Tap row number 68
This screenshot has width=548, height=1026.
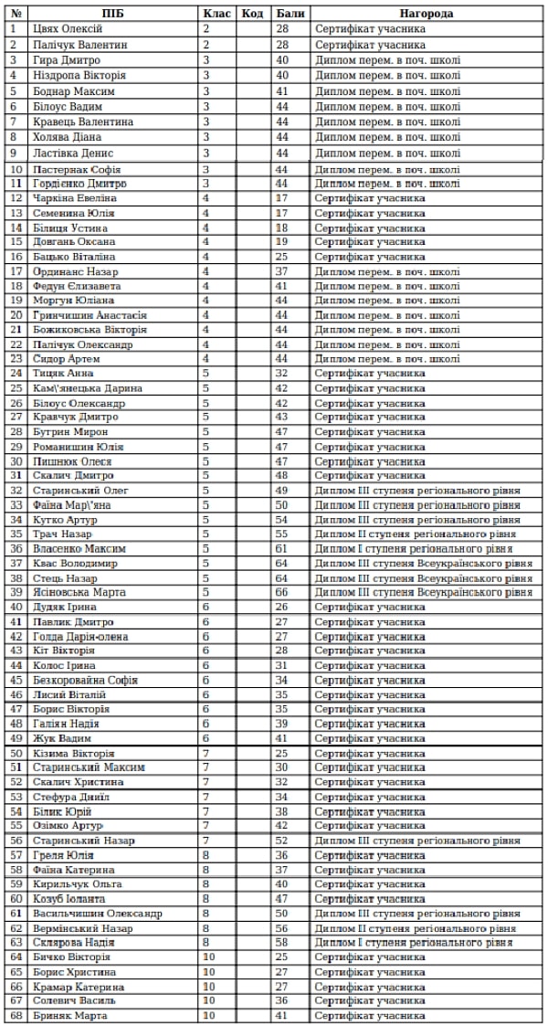(16, 1015)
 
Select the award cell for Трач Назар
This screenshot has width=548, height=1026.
(424, 534)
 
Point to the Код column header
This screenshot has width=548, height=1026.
(253, 15)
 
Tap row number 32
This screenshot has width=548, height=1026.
(16, 490)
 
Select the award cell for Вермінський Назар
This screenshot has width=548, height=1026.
(424, 927)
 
